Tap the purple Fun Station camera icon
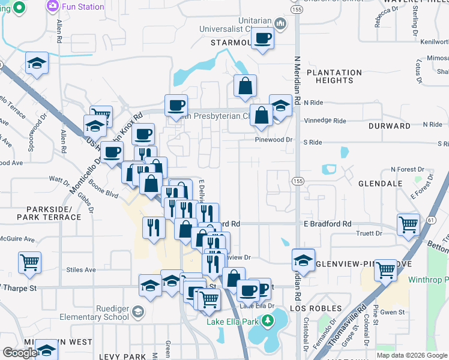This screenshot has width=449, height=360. pyautogui.click(x=52, y=7)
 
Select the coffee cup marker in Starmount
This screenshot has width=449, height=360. pyautogui.click(x=262, y=40)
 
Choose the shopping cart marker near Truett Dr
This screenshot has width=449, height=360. pyautogui.click(x=409, y=225)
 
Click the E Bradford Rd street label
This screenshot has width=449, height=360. pyautogui.click(x=327, y=224)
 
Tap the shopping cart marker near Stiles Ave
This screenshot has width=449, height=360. pyautogui.click(x=30, y=262)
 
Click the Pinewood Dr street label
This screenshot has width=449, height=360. pyautogui.click(x=276, y=139)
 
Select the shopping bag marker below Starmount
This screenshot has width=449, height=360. pyautogui.click(x=246, y=86)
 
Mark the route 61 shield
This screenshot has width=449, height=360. pyautogui.click(x=431, y=221)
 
